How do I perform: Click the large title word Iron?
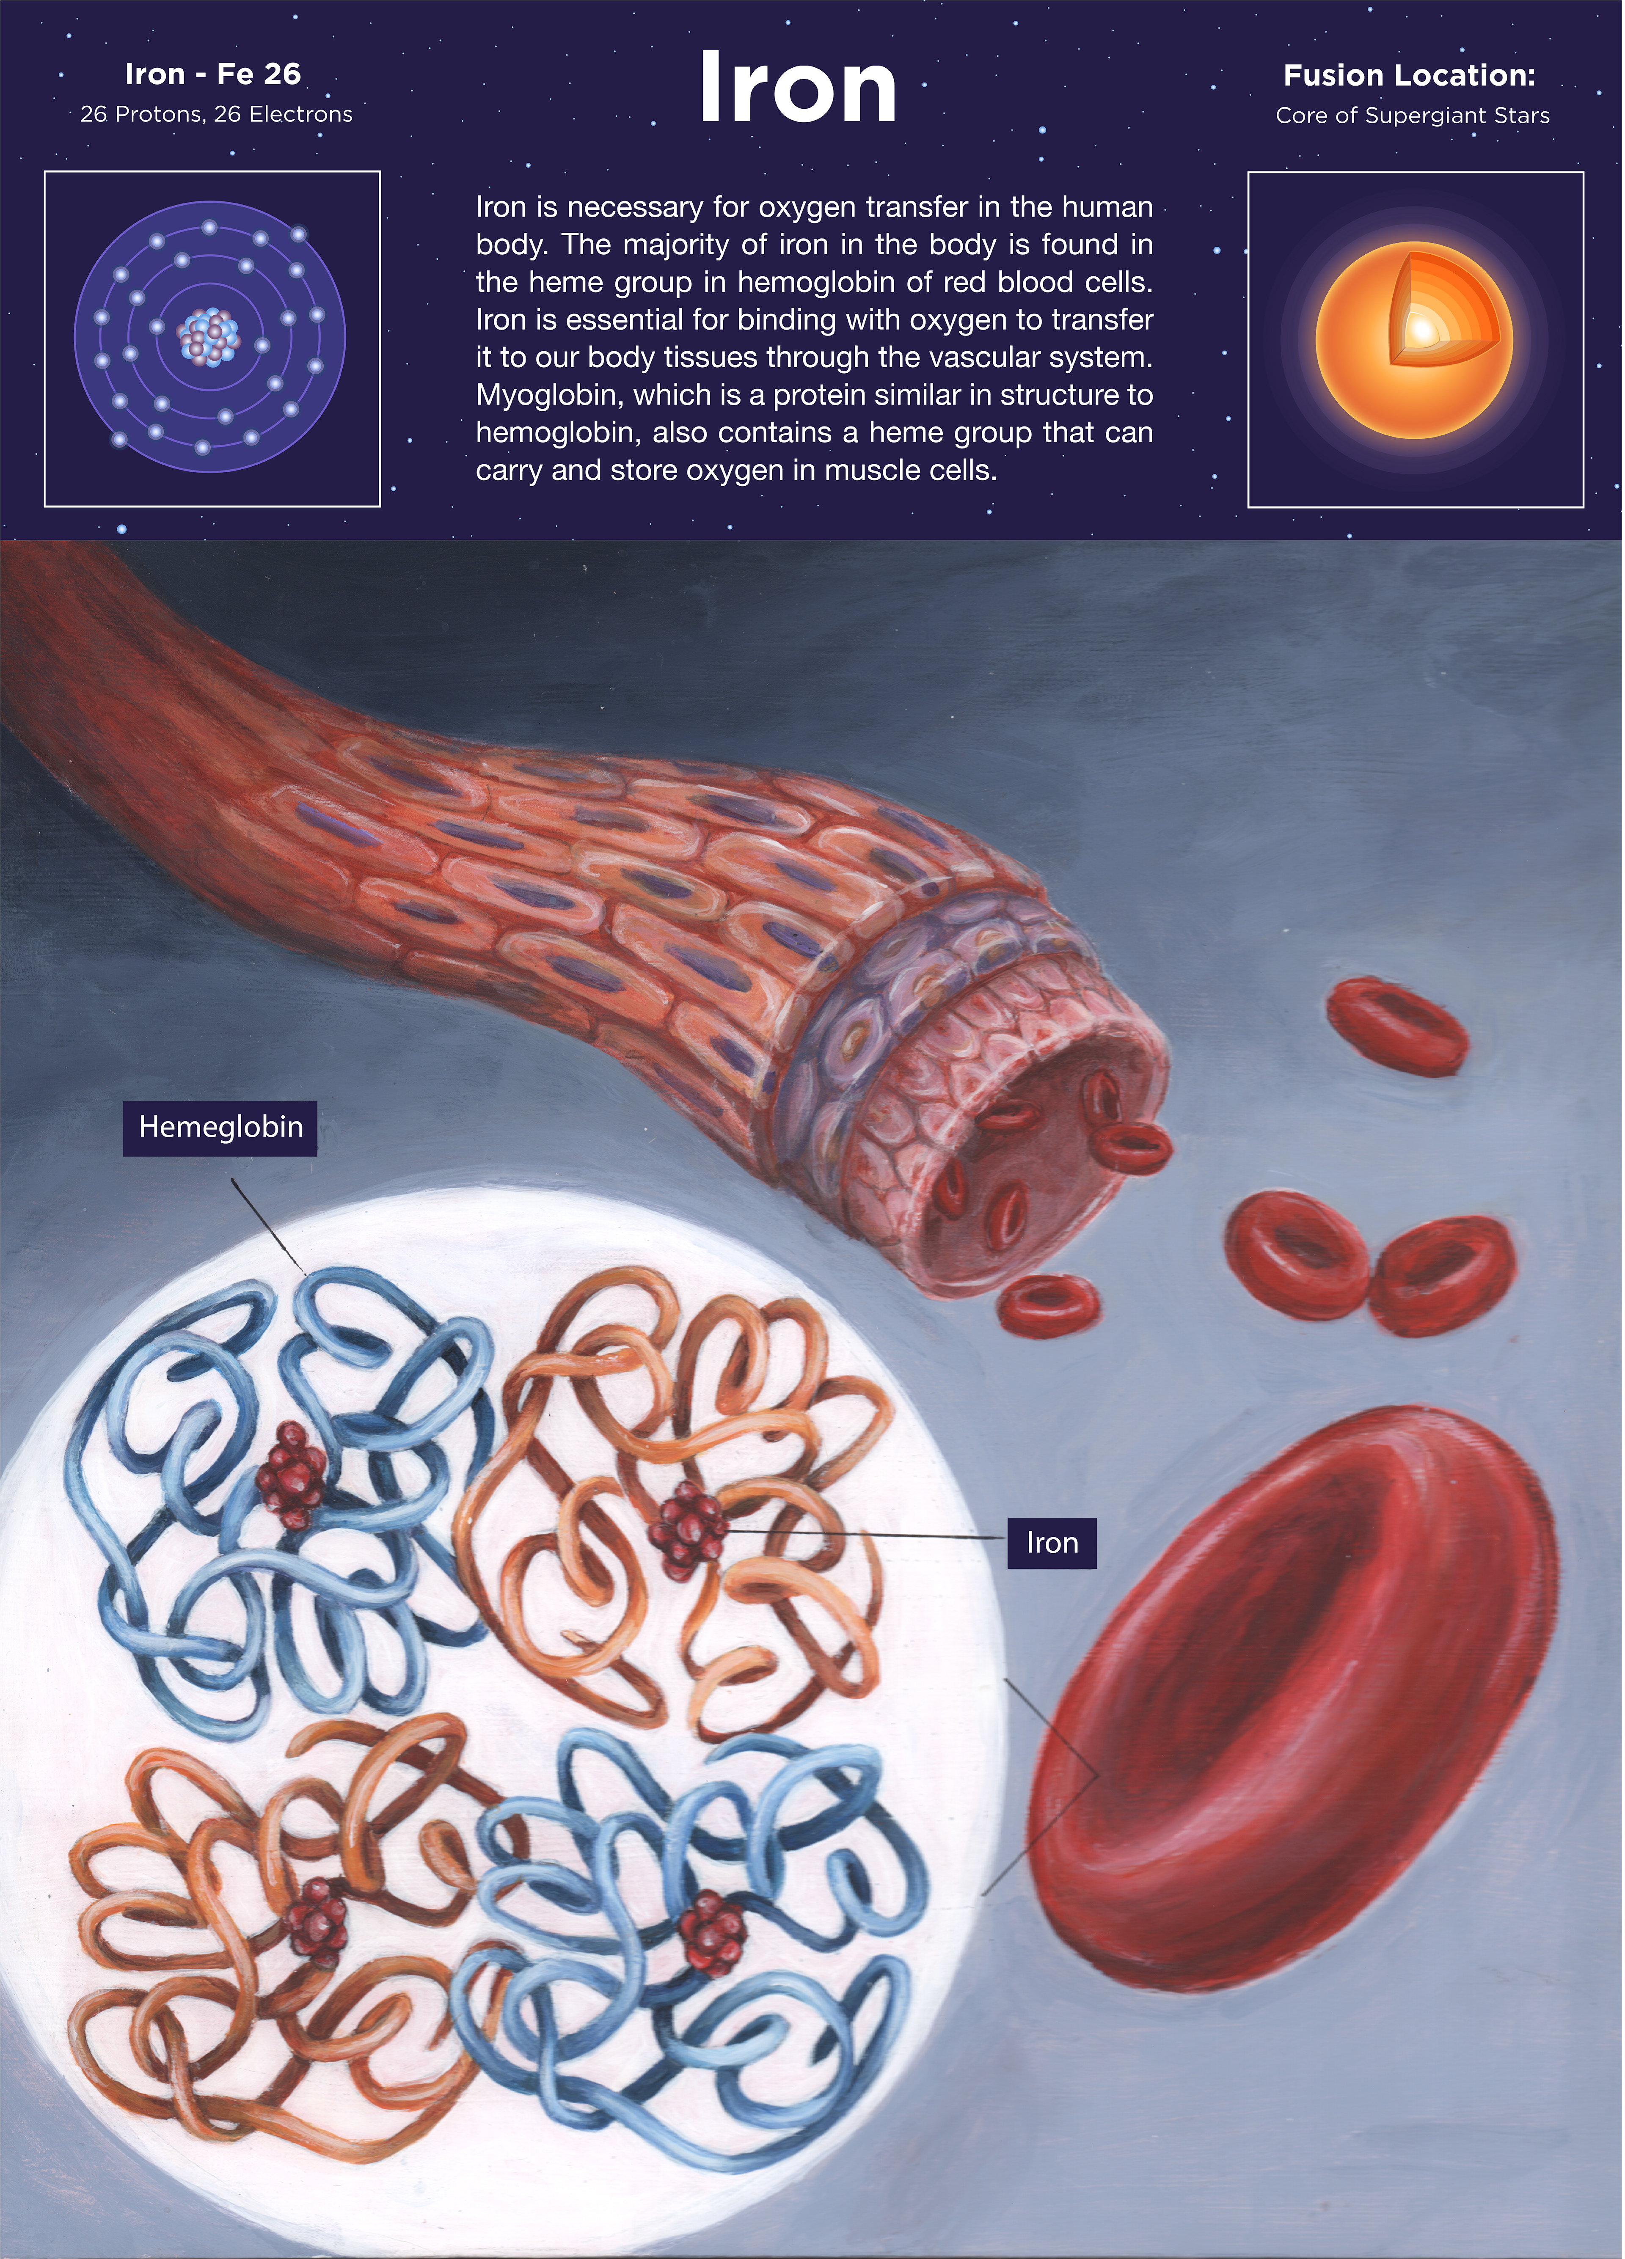click(798, 89)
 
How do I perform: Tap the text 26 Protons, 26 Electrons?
click(216, 115)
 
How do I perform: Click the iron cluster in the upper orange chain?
click(688, 1524)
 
